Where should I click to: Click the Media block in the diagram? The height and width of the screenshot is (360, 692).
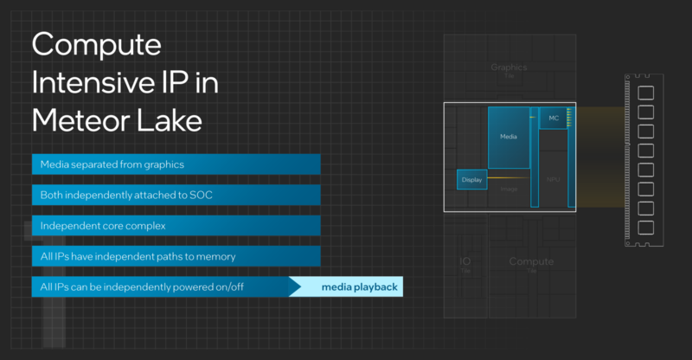tap(508, 137)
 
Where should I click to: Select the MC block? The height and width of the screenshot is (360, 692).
tap(554, 118)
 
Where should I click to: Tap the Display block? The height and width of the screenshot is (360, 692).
tap(471, 180)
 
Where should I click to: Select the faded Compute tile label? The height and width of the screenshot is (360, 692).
tap(531, 261)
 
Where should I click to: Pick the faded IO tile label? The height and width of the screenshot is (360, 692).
tap(465, 261)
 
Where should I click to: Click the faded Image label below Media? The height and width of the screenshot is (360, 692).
tap(509, 189)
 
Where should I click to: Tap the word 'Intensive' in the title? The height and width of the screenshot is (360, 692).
tap(86, 82)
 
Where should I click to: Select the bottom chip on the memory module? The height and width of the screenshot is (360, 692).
tap(644, 227)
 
